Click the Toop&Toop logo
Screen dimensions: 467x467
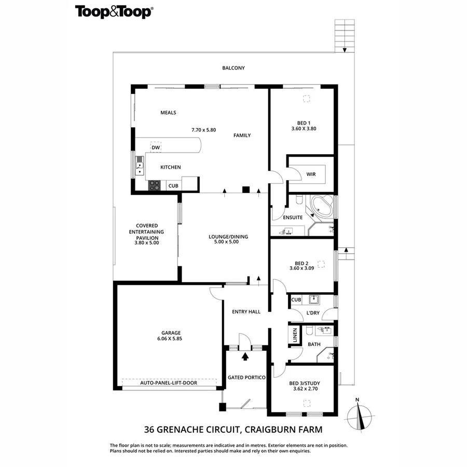click(114, 12)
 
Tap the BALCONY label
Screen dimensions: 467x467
click(233, 68)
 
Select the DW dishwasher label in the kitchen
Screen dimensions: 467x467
click(156, 147)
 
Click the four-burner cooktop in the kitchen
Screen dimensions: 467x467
click(154, 185)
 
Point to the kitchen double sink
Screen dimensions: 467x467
click(140, 166)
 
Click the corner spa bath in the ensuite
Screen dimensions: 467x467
click(322, 206)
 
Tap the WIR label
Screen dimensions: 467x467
click(311, 174)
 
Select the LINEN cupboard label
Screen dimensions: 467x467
click(295, 335)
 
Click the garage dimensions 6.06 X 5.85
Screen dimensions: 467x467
click(170, 339)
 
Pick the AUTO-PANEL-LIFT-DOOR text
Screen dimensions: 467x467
click(169, 383)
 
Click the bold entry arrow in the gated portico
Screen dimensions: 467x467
click(245, 356)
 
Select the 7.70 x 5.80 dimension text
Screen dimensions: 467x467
click(204, 130)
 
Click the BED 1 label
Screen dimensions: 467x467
click(304, 123)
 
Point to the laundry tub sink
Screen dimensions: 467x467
click(314, 299)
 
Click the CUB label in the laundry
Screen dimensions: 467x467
click(296, 300)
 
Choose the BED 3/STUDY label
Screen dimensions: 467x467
click(305, 383)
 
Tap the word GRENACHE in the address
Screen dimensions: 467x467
click(177, 430)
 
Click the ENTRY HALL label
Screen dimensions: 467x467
click(246, 312)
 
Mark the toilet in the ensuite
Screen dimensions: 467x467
click(299, 199)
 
